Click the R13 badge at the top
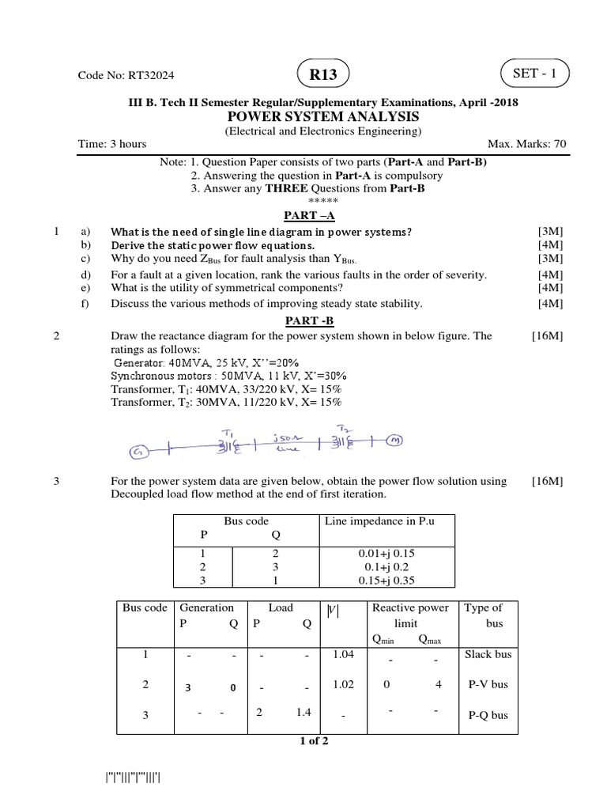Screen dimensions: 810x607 tap(322, 75)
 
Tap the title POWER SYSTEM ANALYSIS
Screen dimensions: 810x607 tap(324, 117)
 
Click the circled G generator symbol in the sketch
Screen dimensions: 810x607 tap(139, 452)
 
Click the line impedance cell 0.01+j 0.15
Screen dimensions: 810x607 tap(386, 555)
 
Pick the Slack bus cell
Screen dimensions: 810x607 tap(488, 654)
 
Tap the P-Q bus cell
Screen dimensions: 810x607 tap(488, 716)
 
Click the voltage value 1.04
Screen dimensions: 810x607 tap(343, 654)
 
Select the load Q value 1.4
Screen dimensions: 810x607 tap(304, 713)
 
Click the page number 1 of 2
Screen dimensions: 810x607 tap(313, 741)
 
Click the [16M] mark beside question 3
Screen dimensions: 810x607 tap(547, 481)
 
